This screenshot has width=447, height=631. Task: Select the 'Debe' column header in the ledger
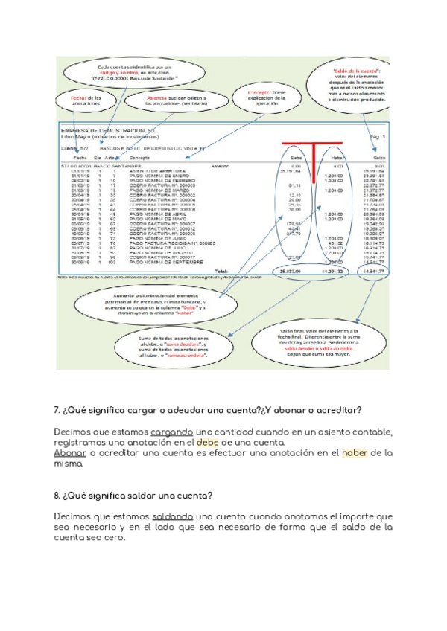click(296, 158)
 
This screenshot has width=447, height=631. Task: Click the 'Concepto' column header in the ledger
click(139, 158)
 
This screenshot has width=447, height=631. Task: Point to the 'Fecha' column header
click(81, 158)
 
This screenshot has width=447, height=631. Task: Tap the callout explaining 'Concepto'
click(267, 97)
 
